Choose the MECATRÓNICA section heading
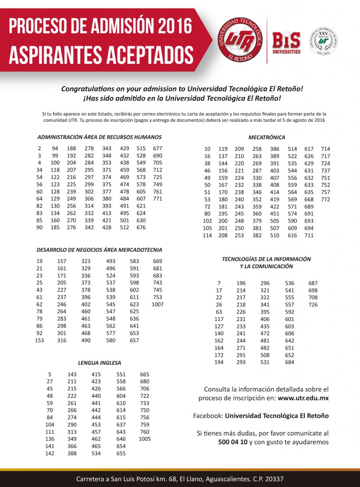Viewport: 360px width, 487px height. pyautogui.click(x=266, y=137)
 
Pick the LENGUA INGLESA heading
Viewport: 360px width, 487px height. pyautogui.click(x=100, y=362)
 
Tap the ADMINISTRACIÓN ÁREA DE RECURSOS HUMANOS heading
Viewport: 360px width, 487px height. pyautogui.click(x=99, y=137)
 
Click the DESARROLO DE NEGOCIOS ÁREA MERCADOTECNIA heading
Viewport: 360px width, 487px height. pyautogui.click(x=99, y=250)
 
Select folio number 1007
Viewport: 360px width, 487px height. pyautogui.click(x=157, y=304)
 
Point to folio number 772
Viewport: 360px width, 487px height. pyautogui.click(x=325, y=199)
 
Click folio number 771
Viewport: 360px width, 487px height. pyautogui.click(x=157, y=199)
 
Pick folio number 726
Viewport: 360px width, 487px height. pyautogui.click(x=313, y=304)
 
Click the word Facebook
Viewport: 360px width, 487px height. pyautogui.click(x=207, y=416)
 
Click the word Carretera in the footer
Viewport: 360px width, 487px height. pyautogui.click(x=92, y=479)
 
